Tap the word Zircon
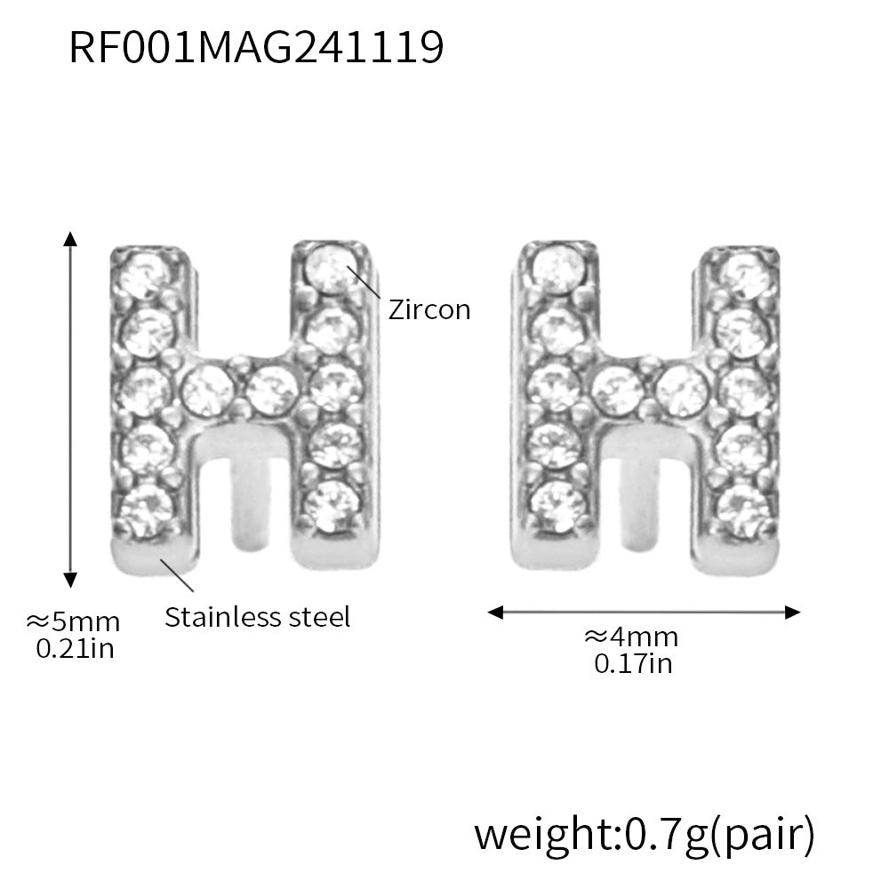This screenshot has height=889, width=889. coord(429,309)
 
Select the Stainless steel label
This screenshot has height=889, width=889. coord(258,616)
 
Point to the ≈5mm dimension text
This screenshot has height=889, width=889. coord(74,621)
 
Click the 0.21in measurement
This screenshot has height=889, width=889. coord(75,648)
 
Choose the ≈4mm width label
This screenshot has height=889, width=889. coord(631,637)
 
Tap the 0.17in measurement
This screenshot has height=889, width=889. coord(633,663)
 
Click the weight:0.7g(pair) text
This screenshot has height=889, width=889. coord(644,834)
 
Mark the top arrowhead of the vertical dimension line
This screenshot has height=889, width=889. coord(70,238)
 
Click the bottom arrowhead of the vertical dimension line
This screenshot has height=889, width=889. coord(70,581)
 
